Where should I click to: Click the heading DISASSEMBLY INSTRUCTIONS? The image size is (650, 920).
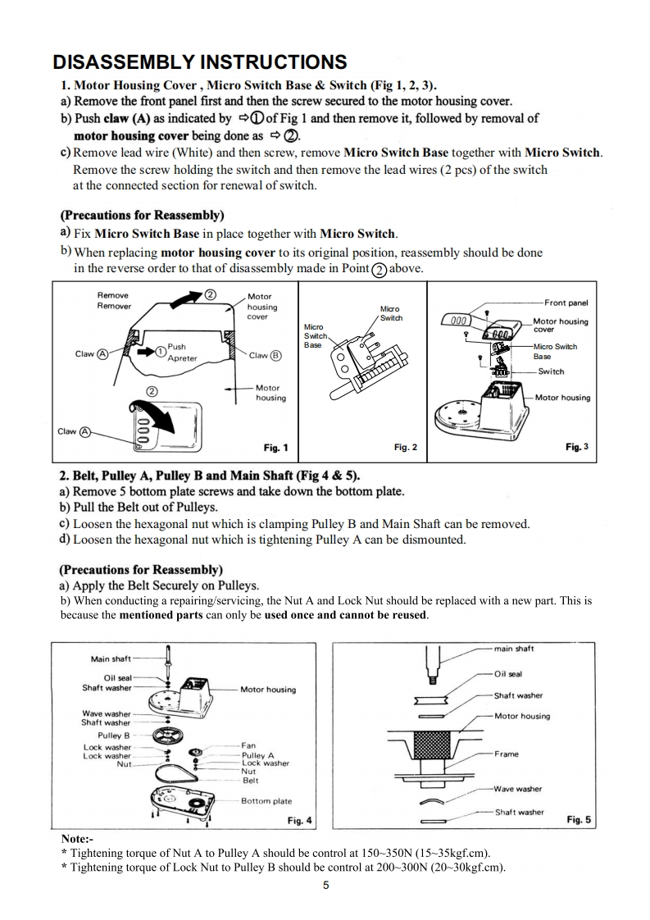pyautogui.click(x=199, y=62)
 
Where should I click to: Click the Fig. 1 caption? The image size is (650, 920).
pyautogui.click(x=275, y=448)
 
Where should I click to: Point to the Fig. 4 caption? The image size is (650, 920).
pyautogui.click(x=299, y=820)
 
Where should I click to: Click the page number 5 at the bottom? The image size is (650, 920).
pyautogui.click(x=325, y=886)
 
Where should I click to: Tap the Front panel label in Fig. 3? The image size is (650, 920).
pyautogui.click(x=566, y=303)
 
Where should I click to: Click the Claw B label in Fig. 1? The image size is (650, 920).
pyautogui.click(x=265, y=355)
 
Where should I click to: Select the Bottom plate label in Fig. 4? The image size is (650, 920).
pyautogui.click(x=266, y=801)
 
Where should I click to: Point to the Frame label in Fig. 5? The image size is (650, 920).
pyautogui.click(x=507, y=754)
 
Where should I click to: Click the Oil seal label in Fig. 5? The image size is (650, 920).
pyautogui.click(x=508, y=674)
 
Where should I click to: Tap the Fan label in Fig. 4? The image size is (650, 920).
pyautogui.click(x=248, y=746)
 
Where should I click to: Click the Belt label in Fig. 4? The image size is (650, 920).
pyautogui.click(x=250, y=780)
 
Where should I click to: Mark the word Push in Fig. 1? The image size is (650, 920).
pyautogui.click(x=178, y=348)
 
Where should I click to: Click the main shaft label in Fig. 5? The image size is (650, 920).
pyautogui.click(x=514, y=649)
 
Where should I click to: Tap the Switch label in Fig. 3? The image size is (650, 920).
pyautogui.click(x=551, y=371)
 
